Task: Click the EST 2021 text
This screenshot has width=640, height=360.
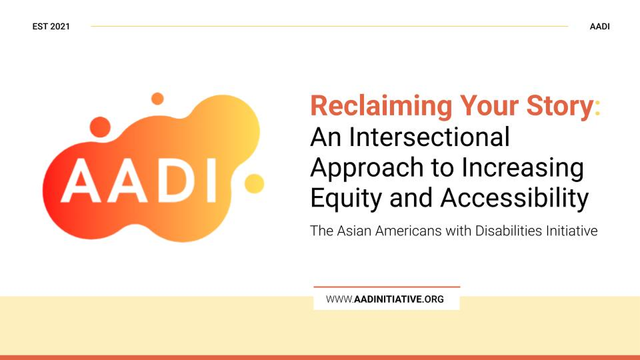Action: [51, 27]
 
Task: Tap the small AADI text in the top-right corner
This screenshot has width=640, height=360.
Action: [599, 27]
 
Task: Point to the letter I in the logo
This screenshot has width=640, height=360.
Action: [211, 181]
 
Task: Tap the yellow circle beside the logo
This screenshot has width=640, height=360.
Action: [254, 183]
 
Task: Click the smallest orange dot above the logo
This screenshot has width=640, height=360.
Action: [157, 99]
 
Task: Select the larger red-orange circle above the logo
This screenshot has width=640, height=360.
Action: [100, 127]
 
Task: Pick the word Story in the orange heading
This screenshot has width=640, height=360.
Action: [560, 107]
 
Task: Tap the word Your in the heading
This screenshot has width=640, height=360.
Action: [489, 106]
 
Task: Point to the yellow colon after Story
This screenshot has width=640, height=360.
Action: [597, 107]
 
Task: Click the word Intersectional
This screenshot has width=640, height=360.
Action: [429, 137]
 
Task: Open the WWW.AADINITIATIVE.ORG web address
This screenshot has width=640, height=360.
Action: [385, 299]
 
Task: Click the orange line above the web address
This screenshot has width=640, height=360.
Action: [387, 287]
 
